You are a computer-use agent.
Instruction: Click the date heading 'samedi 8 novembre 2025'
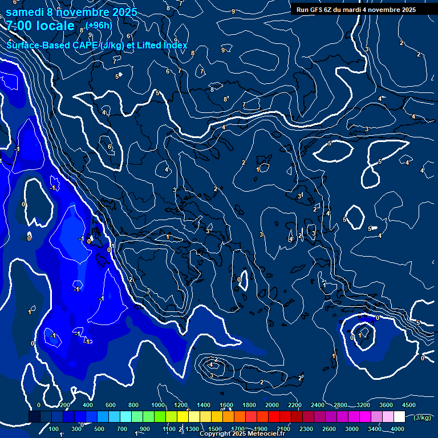coord(71,11)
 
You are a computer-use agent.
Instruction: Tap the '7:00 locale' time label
coord(40,26)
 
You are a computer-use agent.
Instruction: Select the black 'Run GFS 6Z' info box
coord(356,10)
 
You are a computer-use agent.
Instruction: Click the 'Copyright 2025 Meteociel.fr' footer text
coord(242,434)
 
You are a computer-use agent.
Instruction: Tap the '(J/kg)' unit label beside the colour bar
coord(421,417)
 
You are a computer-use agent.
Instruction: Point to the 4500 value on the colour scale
coord(408,405)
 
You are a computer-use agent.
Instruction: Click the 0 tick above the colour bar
coord(39,405)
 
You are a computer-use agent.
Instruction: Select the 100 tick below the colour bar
coord(54,429)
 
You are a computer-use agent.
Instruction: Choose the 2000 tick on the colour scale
coord(272,405)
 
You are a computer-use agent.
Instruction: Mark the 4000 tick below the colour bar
coord(398,429)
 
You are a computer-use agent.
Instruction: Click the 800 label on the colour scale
coord(133,405)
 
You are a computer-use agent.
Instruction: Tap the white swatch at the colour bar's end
coord(409,417)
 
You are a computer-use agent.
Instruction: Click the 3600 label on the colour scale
coord(386,405)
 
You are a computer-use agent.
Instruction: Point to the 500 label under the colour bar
coord(99,429)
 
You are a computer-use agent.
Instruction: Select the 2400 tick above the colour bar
coord(317,405)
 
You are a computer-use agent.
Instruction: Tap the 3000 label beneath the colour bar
coord(352,429)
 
